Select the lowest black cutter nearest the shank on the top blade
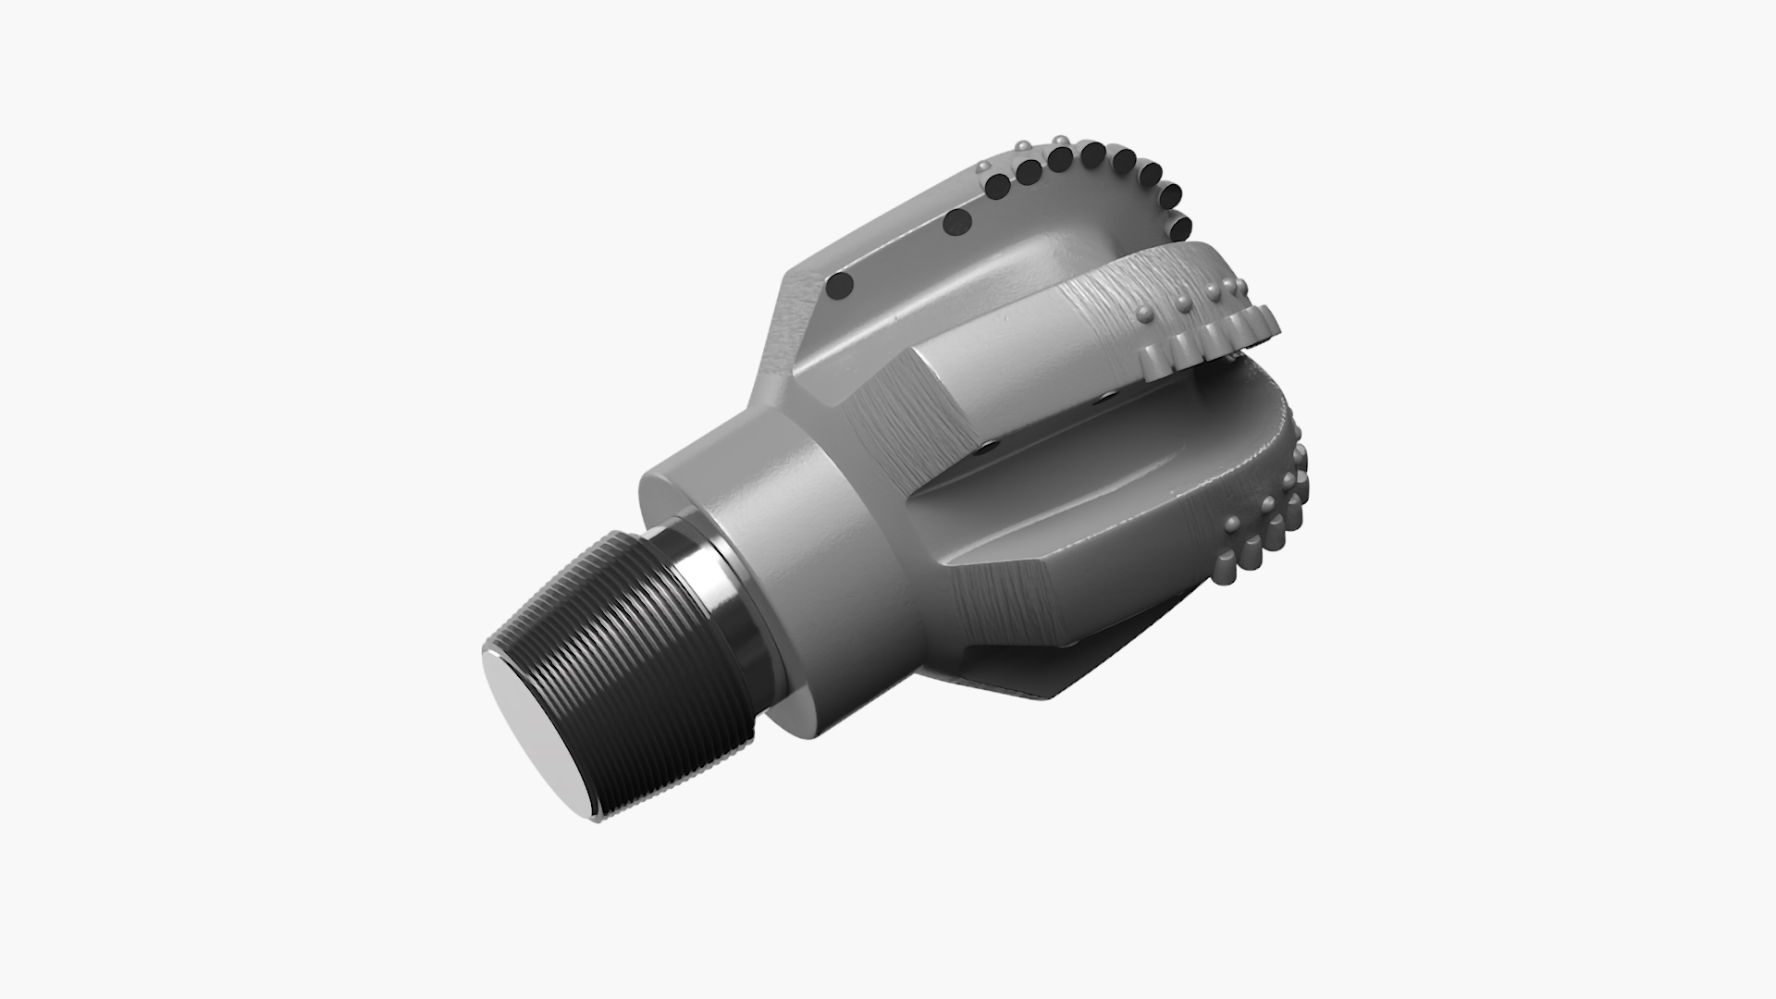point(841,286)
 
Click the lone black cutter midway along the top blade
point(956,222)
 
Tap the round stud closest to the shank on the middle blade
point(1145,314)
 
